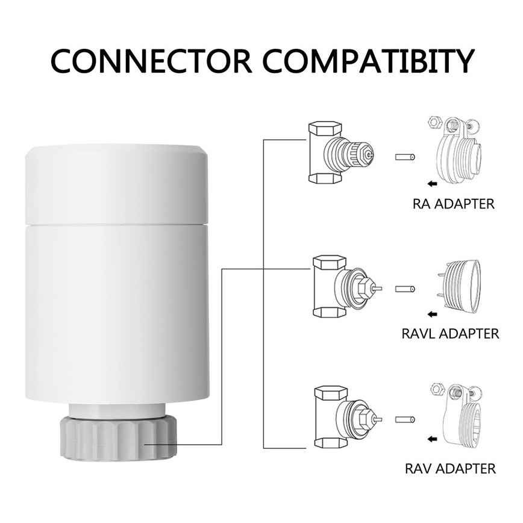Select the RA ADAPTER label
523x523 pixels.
click(453, 204)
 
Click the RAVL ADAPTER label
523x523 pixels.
click(450, 333)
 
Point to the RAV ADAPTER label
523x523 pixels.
click(450, 468)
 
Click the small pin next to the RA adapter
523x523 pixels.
click(405, 157)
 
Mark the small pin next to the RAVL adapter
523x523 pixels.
click(405, 289)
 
